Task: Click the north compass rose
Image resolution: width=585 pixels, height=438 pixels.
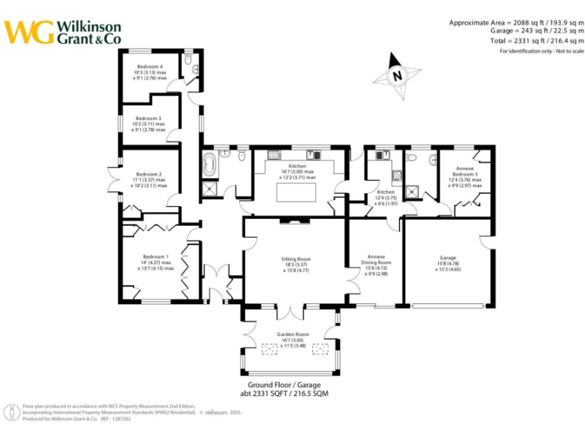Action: pos(398,75)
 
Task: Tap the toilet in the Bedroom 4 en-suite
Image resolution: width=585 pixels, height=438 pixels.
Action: pos(196,69)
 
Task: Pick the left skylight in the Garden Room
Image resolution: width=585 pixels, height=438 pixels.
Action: pos(271,348)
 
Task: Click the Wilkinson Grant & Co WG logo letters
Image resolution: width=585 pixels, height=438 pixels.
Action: pos(28,31)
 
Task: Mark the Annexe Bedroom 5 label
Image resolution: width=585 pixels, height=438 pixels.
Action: pos(465,173)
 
